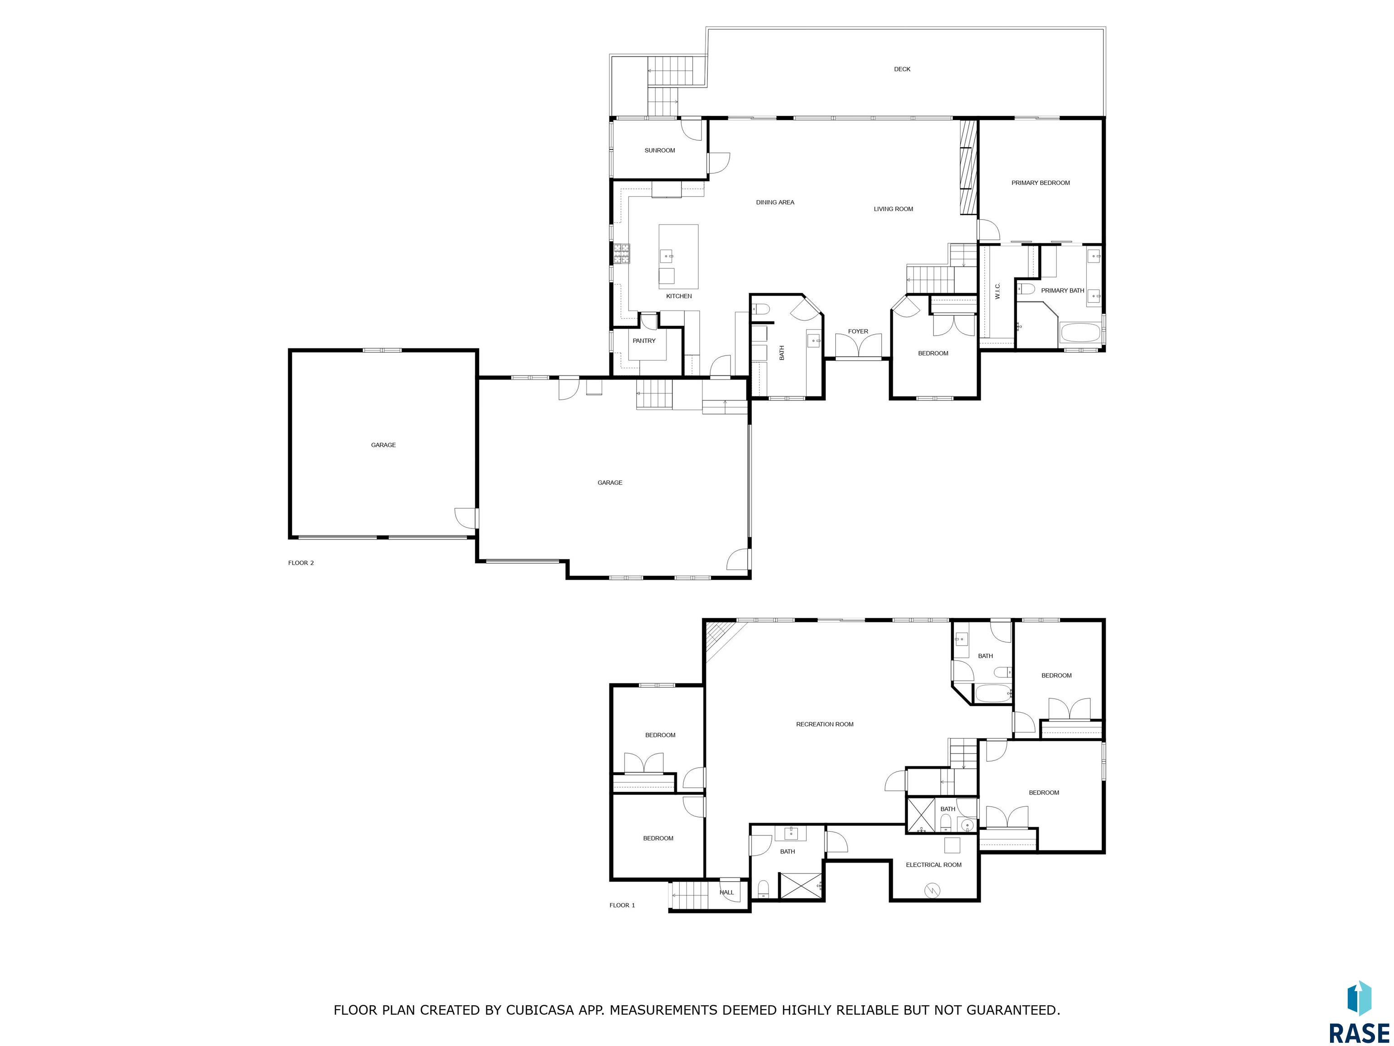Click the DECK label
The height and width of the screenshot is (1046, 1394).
click(902, 69)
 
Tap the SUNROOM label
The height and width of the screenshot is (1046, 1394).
click(660, 151)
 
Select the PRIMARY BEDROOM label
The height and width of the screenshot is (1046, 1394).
click(1041, 183)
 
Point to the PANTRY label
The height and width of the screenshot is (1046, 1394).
click(644, 341)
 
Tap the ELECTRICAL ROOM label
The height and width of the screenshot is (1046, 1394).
click(933, 865)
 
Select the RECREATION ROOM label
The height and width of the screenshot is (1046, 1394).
click(825, 725)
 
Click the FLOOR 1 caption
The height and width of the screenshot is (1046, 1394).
click(622, 905)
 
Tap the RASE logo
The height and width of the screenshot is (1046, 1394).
click(1359, 1012)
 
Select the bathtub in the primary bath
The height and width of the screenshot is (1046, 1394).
click(1080, 333)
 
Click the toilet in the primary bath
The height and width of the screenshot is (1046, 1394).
click(1026, 289)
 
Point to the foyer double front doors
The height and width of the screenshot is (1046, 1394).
click(858, 346)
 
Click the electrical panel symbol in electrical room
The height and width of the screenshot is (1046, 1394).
click(932, 890)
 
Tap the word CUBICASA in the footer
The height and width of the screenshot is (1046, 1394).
click(540, 1010)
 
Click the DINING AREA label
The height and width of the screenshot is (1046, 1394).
click(775, 203)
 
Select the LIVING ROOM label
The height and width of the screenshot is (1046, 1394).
click(893, 209)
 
